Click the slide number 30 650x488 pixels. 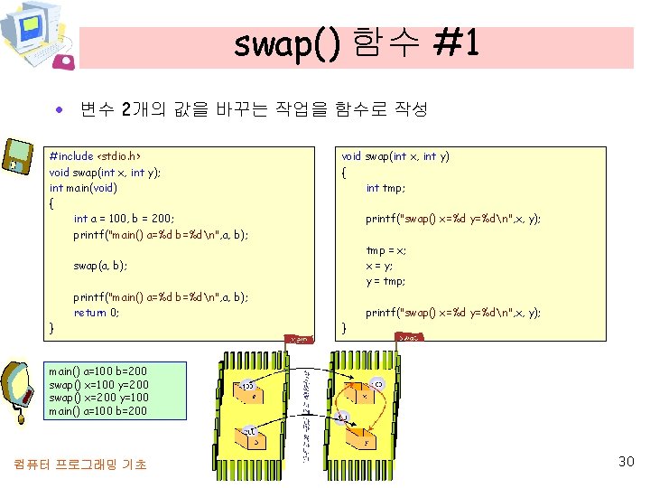(626, 462)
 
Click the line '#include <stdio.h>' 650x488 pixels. (95, 156)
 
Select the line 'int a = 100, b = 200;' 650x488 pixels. (124, 219)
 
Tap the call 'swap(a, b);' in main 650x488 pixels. (100, 266)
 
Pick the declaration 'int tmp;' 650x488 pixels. (385, 188)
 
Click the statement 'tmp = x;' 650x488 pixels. (385, 250)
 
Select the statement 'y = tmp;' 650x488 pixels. (385, 281)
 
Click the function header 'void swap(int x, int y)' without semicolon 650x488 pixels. (395, 156)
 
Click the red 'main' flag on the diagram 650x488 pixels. (301, 340)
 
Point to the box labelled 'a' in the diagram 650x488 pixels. (254, 396)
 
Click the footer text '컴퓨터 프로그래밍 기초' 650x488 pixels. (80, 465)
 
